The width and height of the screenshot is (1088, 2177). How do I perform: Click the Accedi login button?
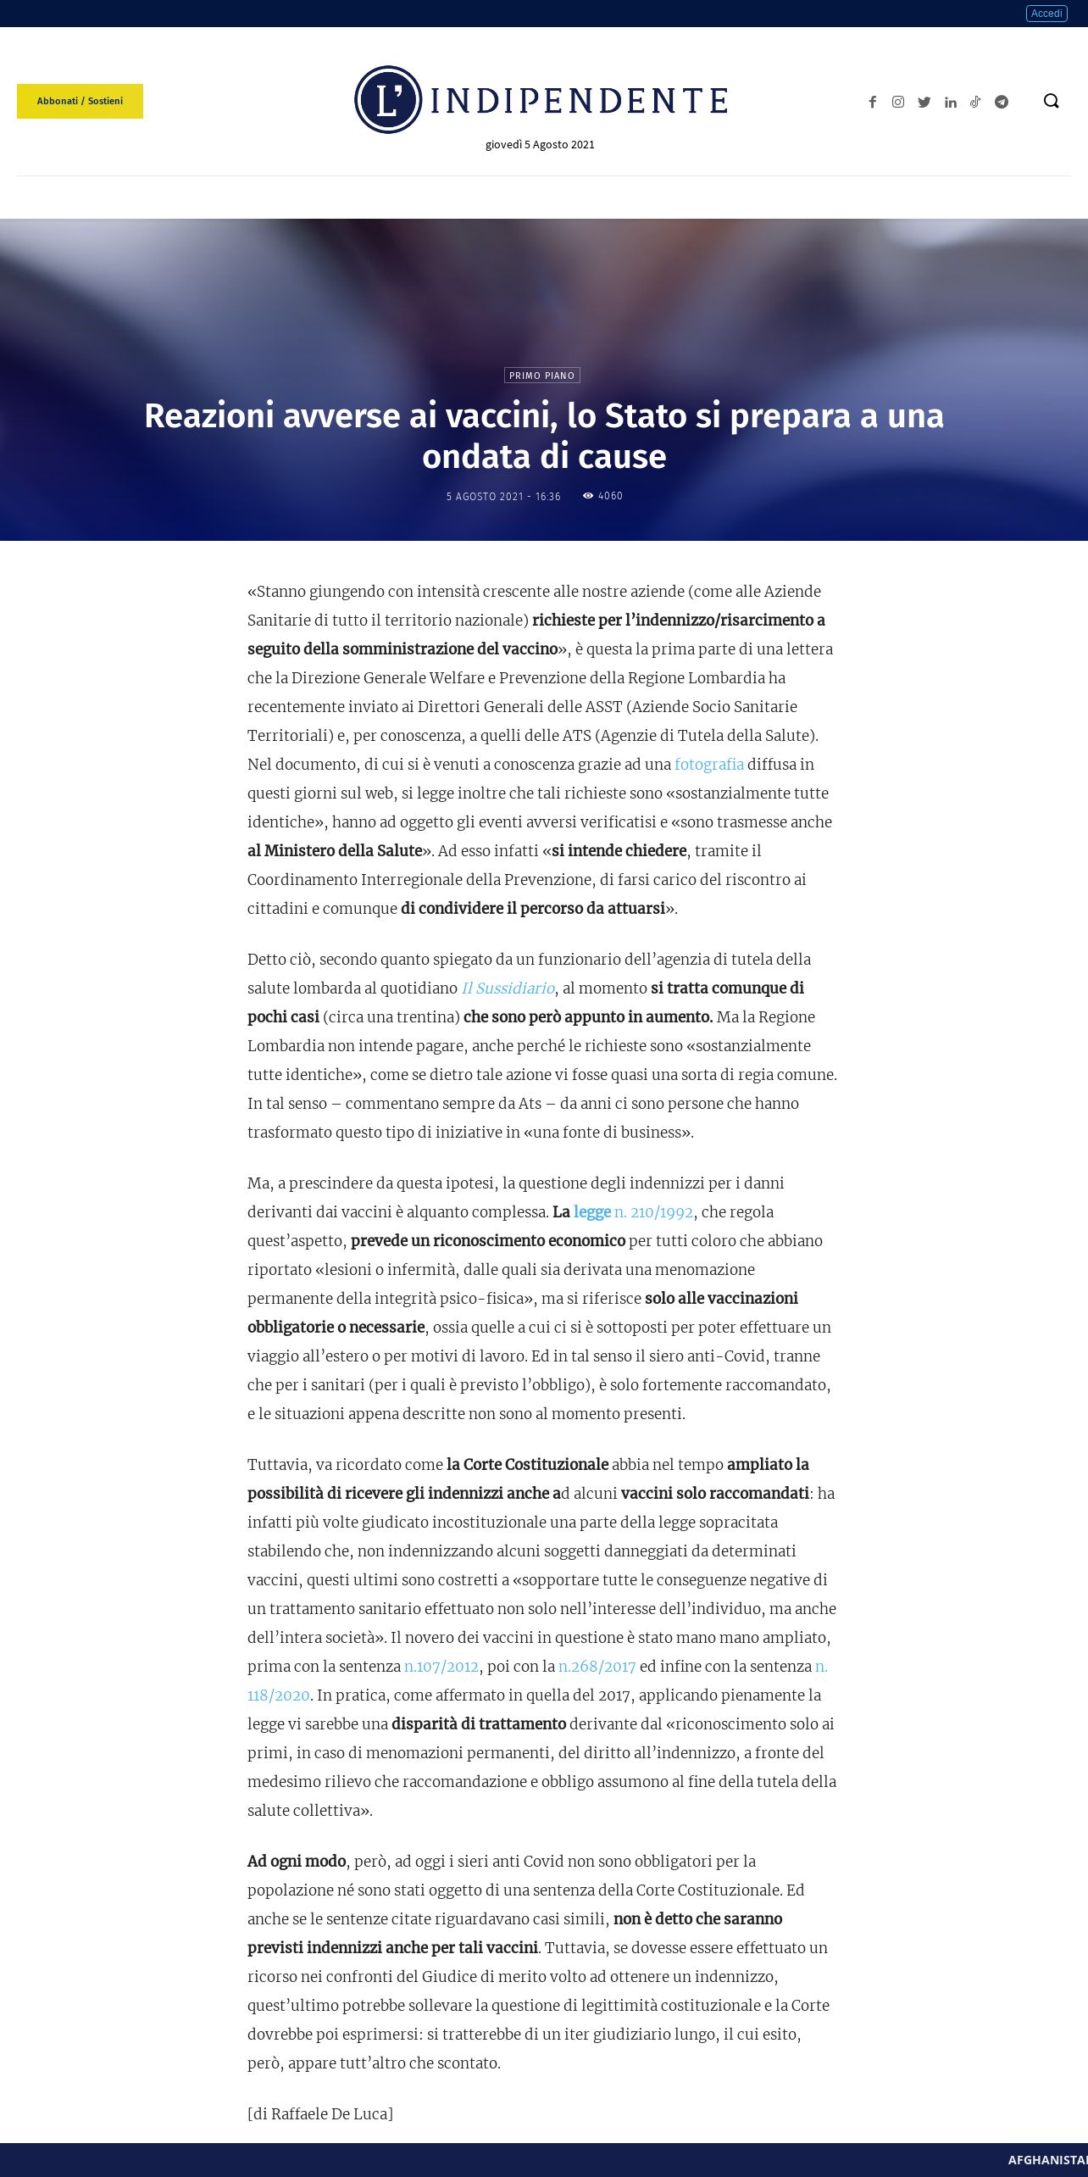[x=1046, y=14]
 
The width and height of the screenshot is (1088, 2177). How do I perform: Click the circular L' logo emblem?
[x=388, y=100]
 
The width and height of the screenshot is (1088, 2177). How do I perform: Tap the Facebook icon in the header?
[x=872, y=102]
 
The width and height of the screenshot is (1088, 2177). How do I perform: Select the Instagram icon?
[x=898, y=102]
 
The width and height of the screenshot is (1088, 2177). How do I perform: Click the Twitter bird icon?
[x=924, y=102]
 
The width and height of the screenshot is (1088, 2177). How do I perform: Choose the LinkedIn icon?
[x=951, y=102]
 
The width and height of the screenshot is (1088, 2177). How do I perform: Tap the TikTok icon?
[x=975, y=102]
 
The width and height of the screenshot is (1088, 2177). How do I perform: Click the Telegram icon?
[x=1002, y=102]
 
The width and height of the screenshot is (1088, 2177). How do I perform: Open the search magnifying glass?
[x=1052, y=101]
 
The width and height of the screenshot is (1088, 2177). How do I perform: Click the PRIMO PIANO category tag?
[x=542, y=376]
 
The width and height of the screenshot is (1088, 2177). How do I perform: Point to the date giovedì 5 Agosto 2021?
[x=540, y=145]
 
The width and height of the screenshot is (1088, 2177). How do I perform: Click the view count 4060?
[x=610, y=496]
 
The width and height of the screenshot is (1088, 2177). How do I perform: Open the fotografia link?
[x=709, y=764]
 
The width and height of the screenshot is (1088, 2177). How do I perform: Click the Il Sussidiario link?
[x=508, y=988]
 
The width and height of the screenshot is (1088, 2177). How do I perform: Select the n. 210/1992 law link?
[x=653, y=1211]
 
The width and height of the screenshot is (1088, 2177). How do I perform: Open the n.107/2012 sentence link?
[x=441, y=1666]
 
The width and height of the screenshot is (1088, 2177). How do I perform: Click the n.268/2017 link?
[x=597, y=1666]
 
